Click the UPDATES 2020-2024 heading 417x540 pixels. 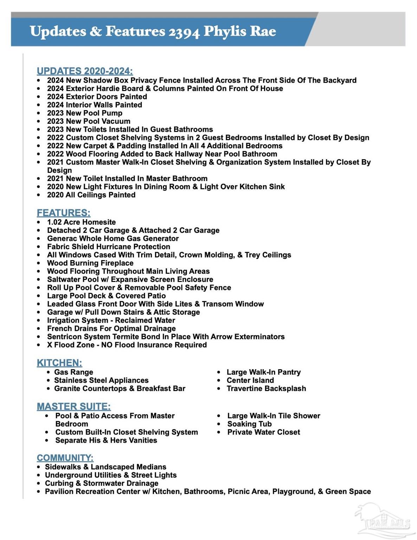[x=85, y=71]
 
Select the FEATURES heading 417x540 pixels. [x=64, y=213]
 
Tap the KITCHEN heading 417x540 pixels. [x=59, y=363]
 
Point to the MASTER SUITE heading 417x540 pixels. [x=74, y=406]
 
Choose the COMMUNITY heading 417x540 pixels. [x=65, y=458]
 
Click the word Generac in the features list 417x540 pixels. [x=62, y=238]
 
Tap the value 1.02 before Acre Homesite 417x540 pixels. [x=54, y=222]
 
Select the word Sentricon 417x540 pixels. [x=64, y=337]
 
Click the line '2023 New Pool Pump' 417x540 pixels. [x=85, y=113]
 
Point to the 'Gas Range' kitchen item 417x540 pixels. [x=73, y=372]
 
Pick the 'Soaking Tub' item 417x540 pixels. [x=249, y=424]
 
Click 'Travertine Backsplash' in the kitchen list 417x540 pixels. [x=266, y=388]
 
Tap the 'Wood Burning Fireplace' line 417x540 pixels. [x=90, y=263]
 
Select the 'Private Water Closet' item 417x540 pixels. [x=264, y=432]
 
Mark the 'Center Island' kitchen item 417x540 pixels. [x=250, y=380]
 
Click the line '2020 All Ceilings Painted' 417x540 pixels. [x=91, y=195]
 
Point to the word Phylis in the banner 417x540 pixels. [x=225, y=32]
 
